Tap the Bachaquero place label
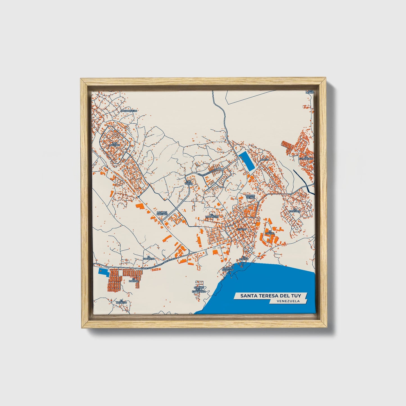tap(129, 111)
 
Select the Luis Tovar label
tap(189, 182)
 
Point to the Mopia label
tap(264, 159)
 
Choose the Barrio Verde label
tap(250, 196)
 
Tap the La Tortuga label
tap(297, 210)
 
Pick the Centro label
tap(241, 230)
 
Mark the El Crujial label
tap(269, 233)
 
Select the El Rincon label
tap(244, 258)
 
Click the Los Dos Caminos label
tap(162, 213)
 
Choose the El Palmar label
tap(132, 280)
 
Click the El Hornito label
tap(121, 301)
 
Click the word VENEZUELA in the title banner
tap(288, 301)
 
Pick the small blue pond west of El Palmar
tap(103, 271)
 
